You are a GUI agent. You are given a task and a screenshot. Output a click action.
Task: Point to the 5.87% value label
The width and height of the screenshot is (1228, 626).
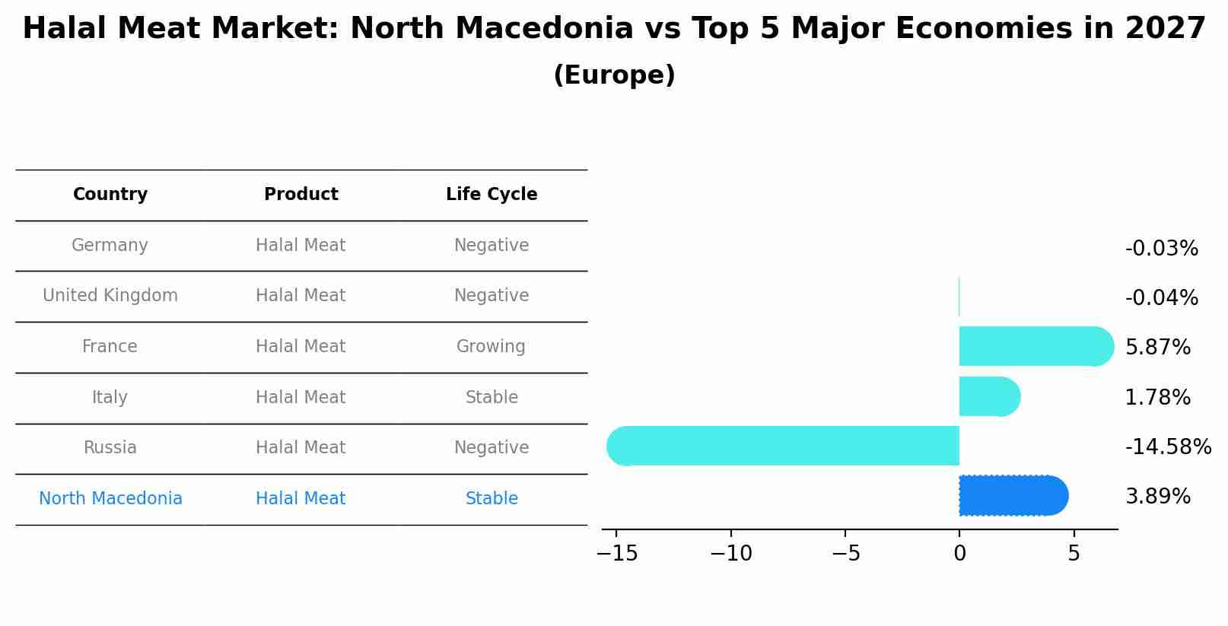click(x=1157, y=348)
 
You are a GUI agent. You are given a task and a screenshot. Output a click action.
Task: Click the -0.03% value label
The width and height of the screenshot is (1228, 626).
click(x=1161, y=249)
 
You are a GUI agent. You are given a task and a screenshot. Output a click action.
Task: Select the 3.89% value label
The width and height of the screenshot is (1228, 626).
click(x=1157, y=497)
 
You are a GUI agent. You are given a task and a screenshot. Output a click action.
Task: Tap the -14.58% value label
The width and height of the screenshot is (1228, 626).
click(x=1168, y=446)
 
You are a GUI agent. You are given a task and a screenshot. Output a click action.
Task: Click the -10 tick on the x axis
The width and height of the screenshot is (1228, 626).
click(x=730, y=554)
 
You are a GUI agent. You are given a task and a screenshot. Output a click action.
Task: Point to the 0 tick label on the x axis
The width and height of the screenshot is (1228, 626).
click(x=959, y=554)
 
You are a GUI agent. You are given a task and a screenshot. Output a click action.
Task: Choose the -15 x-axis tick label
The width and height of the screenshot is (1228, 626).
click(x=616, y=554)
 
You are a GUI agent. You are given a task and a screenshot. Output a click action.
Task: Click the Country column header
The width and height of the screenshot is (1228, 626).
click(x=110, y=195)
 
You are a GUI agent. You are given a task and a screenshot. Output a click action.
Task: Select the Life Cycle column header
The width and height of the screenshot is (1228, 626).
click(x=492, y=195)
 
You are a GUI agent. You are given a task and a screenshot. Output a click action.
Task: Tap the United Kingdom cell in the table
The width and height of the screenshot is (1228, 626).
click(x=110, y=296)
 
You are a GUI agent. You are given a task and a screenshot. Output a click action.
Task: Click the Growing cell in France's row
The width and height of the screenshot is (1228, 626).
click(x=491, y=347)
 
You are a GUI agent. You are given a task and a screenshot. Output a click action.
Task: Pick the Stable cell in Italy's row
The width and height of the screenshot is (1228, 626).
click(x=492, y=398)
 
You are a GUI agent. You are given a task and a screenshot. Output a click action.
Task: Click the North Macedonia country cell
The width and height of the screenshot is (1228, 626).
click(x=110, y=499)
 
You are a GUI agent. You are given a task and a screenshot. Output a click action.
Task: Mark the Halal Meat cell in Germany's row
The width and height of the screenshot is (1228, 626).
click(x=301, y=246)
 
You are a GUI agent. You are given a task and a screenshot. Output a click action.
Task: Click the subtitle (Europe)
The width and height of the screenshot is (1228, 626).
click(x=614, y=75)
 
